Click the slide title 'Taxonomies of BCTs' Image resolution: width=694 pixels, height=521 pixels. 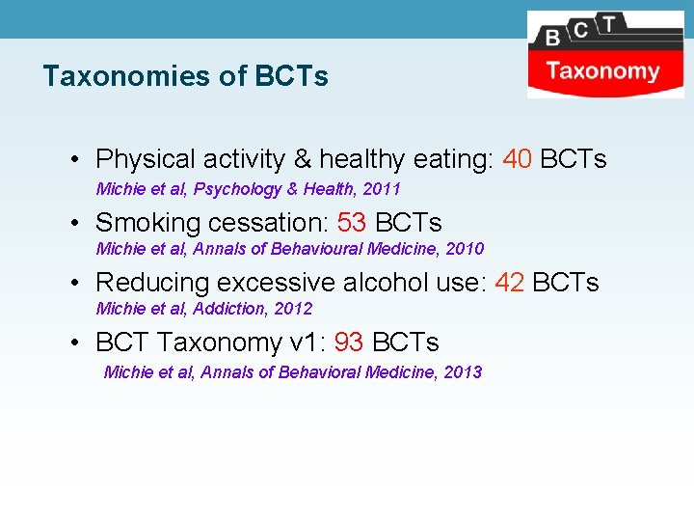tap(185, 76)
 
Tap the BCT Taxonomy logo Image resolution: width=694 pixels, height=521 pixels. tap(605, 54)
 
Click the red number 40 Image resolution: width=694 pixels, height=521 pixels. tap(518, 159)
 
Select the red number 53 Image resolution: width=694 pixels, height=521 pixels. tap(352, 223)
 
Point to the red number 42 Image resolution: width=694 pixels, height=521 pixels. tap(510, 283)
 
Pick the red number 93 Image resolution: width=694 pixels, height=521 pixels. tap(349, 343)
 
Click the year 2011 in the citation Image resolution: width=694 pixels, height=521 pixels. tap(382, 189)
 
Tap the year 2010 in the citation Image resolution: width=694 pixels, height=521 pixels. tap(466, 249)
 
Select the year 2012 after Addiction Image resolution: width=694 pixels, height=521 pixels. tap(294, 309)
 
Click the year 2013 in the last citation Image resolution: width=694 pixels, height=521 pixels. tap(464, 371)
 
